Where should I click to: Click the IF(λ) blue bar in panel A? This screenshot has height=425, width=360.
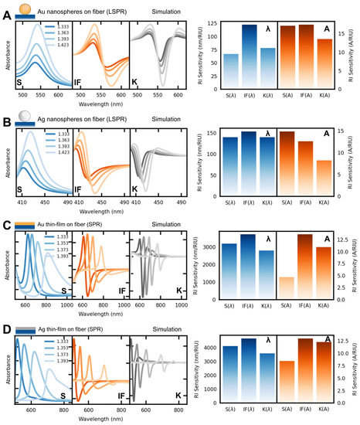coord(249,62)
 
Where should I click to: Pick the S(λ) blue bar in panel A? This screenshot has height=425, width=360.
coord(230,76)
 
